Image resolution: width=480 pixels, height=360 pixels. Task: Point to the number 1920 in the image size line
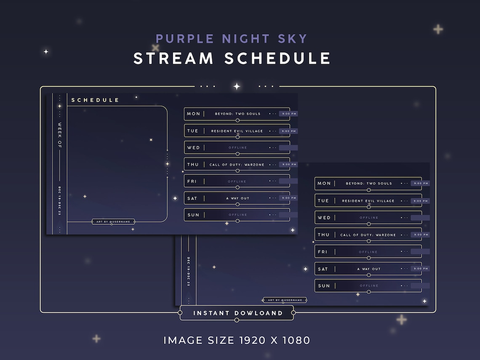click(x=255, y=340)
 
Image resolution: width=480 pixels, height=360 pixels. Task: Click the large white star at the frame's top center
click(x=237, y=86)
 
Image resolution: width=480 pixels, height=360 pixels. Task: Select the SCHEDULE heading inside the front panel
click(x=95, y=100)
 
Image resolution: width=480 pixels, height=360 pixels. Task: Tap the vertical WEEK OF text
click(x=59, y=135)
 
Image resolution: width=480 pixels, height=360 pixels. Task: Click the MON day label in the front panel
click(x=194, y=114)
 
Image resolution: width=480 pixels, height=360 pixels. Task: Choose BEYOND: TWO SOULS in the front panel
click(x=237, y=114)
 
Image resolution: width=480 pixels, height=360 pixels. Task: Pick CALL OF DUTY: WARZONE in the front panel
click(x=237, y=165)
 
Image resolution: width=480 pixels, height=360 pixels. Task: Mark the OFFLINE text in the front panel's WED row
click(x=237, y=148)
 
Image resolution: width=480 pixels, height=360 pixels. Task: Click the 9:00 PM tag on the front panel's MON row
click(x=288, y=114)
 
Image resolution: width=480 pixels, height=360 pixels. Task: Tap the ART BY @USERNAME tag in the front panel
click(x=113, y=221)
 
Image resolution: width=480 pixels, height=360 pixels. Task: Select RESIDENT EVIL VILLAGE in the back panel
click(x=368, y=201)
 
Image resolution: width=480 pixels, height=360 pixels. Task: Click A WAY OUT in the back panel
click(x=368, y=269)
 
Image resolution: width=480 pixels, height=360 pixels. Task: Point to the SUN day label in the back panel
click(x=324, y=286)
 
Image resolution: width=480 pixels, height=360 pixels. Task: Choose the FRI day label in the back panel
click(x=323, y=252)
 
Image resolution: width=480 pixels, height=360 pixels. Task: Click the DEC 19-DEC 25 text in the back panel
click(x=189, y=271)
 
